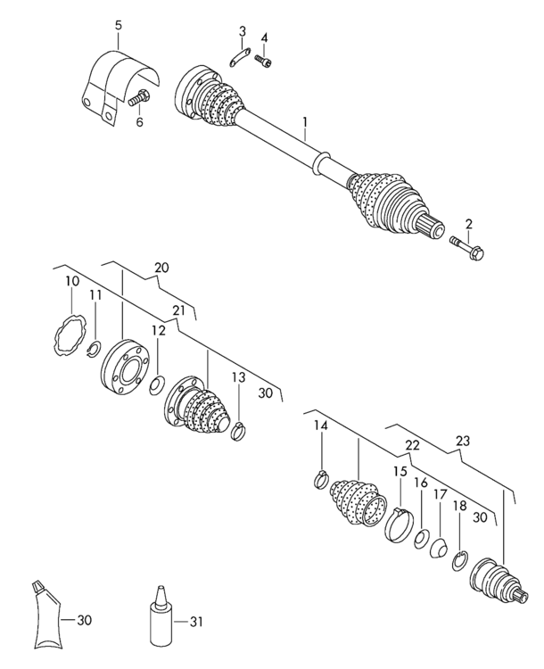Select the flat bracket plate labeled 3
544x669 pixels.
click(x=239, y=58)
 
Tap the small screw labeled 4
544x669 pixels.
click(x=264, y=61)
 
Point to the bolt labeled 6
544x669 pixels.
click(x=138, y=98)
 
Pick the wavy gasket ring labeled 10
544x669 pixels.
click(x=70, y=334)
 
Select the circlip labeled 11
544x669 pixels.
click(x=95, y=350)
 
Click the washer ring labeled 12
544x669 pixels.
click(x=158, y=385)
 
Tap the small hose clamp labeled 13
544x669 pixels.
click(x=238, y=430)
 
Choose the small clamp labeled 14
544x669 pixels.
click(x=322, y=479)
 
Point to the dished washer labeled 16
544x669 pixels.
click(x=422, y=540)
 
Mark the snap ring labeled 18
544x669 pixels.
click(x=460, y=561)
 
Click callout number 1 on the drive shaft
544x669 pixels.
click(x=305, y=123)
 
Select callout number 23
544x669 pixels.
click(x=463, y=441)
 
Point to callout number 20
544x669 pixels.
click(x=161, y=268)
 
